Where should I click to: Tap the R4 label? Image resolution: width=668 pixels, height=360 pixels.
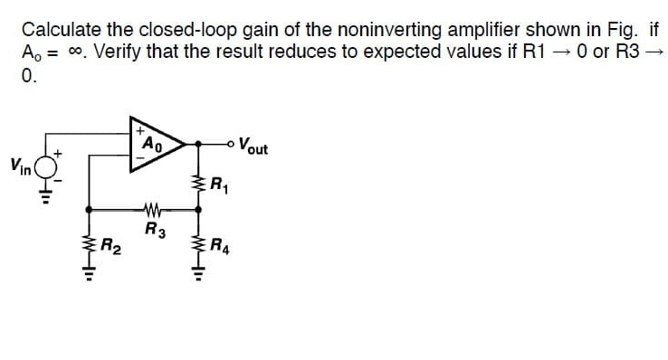tap(218, 243)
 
